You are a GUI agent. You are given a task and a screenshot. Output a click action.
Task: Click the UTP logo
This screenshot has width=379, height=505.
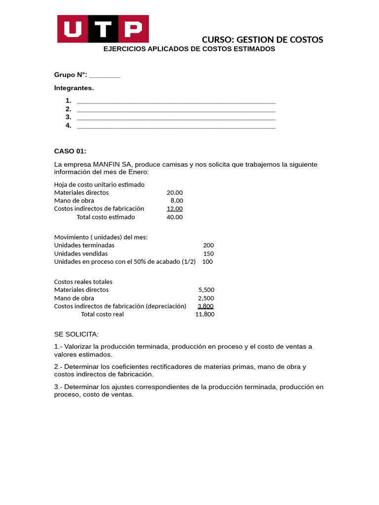click(103, 29)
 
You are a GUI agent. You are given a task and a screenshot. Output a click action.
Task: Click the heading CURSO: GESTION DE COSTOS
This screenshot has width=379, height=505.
click(263, 39)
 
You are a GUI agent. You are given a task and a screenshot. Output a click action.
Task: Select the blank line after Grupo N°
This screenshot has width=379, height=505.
click(105, 75)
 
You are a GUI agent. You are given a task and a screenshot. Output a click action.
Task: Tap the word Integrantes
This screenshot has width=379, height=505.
click(74, 88)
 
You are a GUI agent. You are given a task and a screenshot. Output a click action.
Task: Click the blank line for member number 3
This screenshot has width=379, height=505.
click(176, 117)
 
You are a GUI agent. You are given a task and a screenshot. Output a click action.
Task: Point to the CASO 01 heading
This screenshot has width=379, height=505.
click(70, 151)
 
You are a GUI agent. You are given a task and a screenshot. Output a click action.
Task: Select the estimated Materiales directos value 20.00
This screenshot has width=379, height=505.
click(175, 192)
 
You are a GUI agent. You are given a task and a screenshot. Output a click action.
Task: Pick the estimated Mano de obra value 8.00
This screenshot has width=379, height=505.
click(177, 201)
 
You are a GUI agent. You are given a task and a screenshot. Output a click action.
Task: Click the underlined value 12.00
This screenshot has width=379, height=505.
click(175, 209)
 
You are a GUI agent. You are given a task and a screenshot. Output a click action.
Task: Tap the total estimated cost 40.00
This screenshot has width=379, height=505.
click(175, 217)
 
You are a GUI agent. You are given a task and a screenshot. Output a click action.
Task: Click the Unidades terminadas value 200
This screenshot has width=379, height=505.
click(208, 245)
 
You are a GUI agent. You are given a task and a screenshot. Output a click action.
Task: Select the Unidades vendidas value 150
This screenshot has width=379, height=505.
click(208, 253)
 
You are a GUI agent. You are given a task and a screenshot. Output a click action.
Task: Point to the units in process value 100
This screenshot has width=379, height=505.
click(207, 261)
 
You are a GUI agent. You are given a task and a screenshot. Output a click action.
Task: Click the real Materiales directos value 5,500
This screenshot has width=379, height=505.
click(206, 289)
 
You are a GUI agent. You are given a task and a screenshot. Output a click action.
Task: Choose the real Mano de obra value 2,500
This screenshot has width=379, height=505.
click(206, 298)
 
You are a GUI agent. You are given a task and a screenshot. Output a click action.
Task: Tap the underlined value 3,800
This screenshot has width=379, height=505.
click(205, 306)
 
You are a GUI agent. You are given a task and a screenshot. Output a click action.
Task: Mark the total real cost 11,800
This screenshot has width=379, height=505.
click(205, 314)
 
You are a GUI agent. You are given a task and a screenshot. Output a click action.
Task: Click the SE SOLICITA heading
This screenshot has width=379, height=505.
click(76, 334)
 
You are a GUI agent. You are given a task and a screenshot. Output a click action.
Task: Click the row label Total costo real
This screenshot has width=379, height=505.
click(102, 314)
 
